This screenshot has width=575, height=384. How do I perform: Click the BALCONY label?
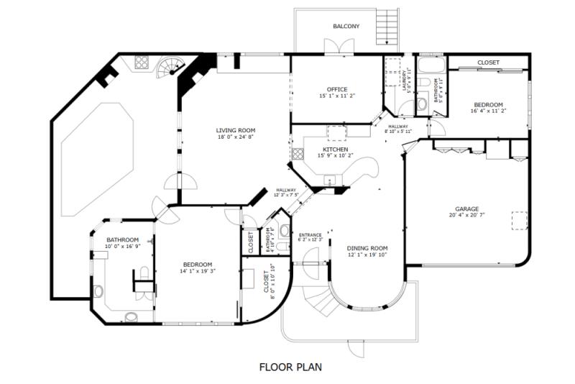pos(346,26)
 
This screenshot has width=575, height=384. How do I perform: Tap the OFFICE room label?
pos(337,89)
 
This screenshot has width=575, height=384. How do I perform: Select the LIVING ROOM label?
pos(235,130)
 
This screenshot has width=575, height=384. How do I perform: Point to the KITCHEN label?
pos(335,150)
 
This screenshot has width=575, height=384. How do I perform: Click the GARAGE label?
pos(466,209)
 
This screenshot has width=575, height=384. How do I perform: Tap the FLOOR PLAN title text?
pos(290,367)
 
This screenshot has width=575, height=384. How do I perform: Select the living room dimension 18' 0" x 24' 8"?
pos(235,137)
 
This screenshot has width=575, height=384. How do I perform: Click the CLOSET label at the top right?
pos(488,63)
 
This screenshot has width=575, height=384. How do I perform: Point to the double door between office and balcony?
pos(333,48)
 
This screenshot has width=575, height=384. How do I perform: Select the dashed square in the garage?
pos(520,219)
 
